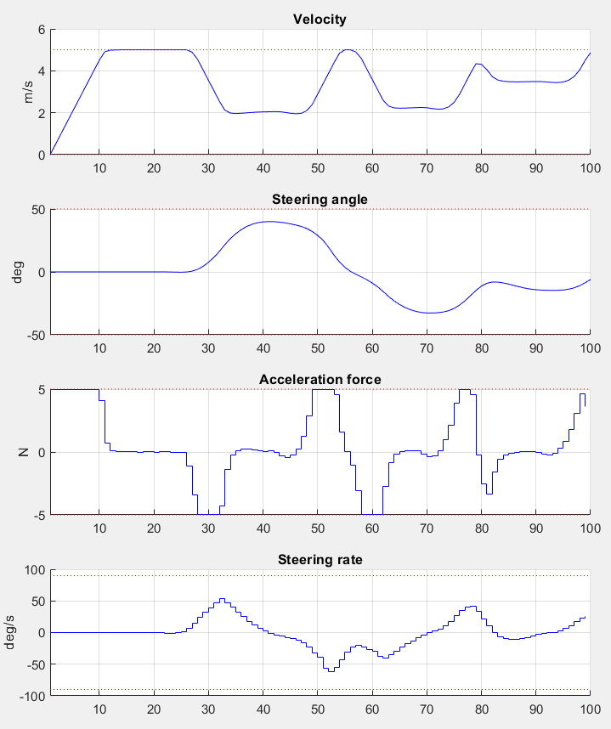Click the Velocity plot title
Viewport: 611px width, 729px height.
pyautogui.click(x=320, y=19)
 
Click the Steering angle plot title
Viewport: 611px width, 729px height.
pyautogui.click(x=320, y=199)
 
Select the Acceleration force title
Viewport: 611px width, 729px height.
pyautogui.click(x=320, y=379)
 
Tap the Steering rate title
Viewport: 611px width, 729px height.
pyautogui.click(x=320, y=559)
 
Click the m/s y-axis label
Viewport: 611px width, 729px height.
pyautogui.click(x=28, y=92)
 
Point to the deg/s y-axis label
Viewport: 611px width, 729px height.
pyautogui.click(x=11, y=632)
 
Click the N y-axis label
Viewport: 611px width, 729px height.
pyautogui.click(x=28, y=452)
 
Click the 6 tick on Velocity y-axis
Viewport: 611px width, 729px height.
pyautogui.click(x=39, y=30)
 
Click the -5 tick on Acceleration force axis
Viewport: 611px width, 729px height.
pyautogui.click(x=37, y=515)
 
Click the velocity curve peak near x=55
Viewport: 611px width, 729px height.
pyautogui.click(x=348, y=50)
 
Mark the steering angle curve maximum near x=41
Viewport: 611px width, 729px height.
pyautogui.click(x=269, y=222)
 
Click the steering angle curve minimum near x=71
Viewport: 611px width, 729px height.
pyautogui.click(x=432, y=313)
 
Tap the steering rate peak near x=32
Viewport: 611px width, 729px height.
pyautogui.click(x=222, y=599)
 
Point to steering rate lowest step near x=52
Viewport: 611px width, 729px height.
pyautogui.click(x=331, y=671)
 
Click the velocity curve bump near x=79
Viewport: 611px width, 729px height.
pyautogui.click(x=478, y=64)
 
